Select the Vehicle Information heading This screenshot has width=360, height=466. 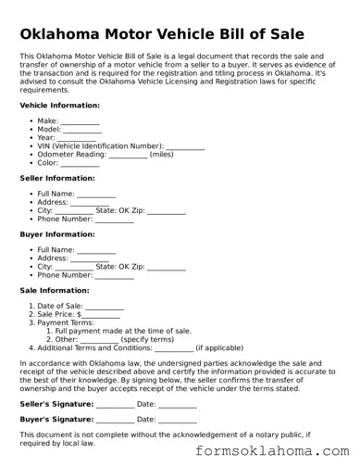pos(59,106)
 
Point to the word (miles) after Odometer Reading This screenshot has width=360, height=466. pos(161,155)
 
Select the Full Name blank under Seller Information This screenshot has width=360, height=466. pos(96,194)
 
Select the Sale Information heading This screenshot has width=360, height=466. pos(54,290)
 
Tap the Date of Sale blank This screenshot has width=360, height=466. pos(105,306)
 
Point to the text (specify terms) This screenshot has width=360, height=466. pos(147,339)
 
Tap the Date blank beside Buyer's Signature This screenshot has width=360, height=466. pos(179,419)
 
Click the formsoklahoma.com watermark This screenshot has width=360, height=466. pos(274,451)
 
